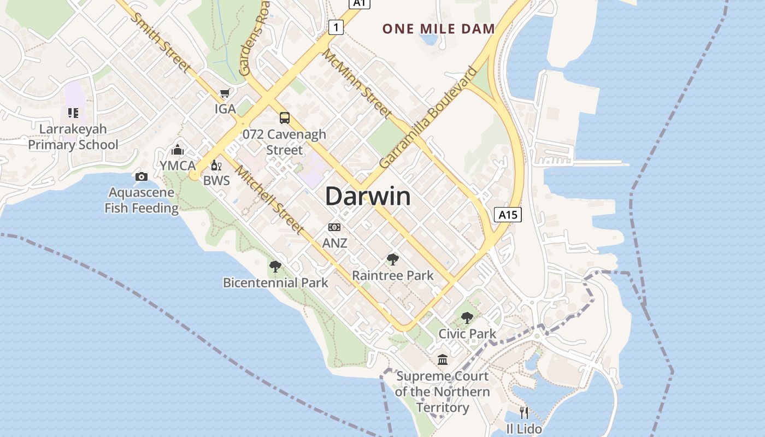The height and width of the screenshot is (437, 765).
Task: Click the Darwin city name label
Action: (368, 196)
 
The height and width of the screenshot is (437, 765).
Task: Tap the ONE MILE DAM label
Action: (438, 29)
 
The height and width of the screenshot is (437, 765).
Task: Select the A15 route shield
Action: (508, 215)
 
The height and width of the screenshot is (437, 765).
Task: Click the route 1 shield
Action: (336, 27)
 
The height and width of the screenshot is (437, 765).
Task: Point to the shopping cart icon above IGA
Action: (225, 94)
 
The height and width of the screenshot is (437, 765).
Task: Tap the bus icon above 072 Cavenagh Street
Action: (284, 117)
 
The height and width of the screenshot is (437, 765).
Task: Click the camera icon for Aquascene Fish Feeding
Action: (142, 176)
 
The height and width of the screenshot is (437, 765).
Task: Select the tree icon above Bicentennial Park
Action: (275, 267)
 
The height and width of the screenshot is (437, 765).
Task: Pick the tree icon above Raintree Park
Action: (392, 259)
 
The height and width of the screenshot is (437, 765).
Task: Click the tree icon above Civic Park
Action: (467, 317)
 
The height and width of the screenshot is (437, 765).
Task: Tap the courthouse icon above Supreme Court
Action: (442, 360)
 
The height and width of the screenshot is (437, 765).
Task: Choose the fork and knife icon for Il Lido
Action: (524, 412)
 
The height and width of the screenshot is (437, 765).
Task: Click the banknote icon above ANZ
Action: (334, 227)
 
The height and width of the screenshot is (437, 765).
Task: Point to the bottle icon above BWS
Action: (216, 166)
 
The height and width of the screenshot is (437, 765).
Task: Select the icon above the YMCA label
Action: (178, 150)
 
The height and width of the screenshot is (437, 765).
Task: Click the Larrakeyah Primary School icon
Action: (73, 113)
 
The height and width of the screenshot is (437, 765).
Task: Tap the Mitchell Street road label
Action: (269, 199)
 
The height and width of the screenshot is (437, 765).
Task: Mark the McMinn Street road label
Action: (356, 84)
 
